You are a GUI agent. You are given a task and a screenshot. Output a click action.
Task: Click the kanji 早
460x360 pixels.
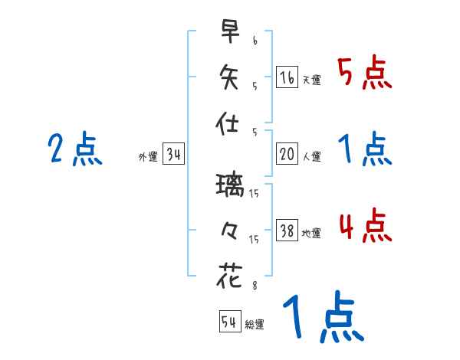[x=229, y=33]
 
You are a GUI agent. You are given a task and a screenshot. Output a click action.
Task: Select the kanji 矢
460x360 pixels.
[x=229, y=77]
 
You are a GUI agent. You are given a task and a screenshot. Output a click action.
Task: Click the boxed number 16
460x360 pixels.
[x=287, y=77]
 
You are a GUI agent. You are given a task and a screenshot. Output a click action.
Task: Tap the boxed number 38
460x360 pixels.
[x=287, y=231]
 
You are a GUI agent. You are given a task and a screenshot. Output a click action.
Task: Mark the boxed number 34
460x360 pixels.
[x=173, y=155]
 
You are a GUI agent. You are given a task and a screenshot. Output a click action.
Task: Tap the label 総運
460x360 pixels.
[x=254, y=325]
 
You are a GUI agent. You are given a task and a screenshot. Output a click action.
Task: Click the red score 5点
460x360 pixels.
[x=363, y=74]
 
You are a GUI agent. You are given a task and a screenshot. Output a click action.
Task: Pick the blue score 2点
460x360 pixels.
[x=74, y=149]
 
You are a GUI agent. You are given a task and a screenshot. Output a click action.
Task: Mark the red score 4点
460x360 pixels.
[x=363, y=227]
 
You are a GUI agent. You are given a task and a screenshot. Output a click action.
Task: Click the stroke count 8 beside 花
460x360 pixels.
[x=254, y=286]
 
